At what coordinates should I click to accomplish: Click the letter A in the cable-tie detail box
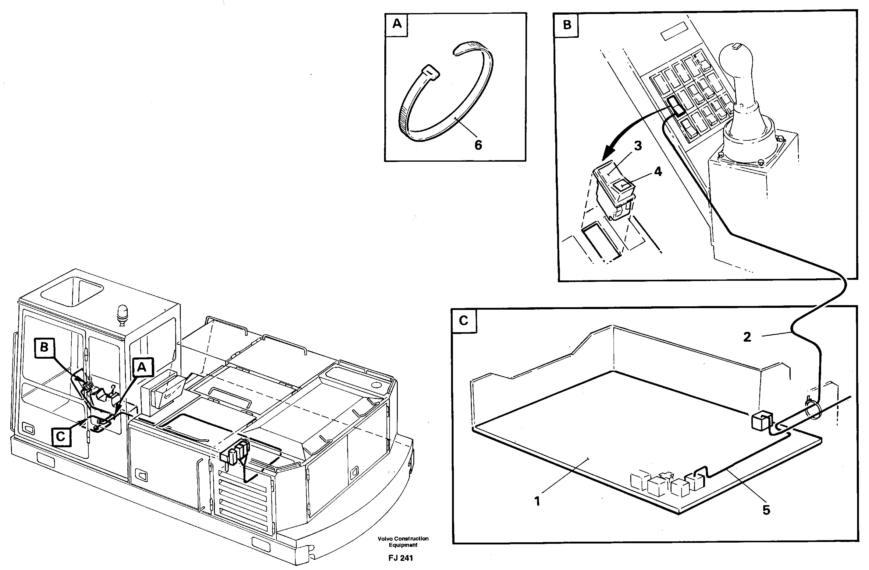(x=397, y=24)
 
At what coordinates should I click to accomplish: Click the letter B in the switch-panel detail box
(x=567, y=25)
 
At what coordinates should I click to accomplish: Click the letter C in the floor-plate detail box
(x=464, y=321)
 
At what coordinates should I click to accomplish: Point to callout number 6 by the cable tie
(x=478, y=145)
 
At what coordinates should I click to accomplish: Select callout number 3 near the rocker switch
(x=638, y=146)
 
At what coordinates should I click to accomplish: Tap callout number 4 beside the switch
(x=657, y=171)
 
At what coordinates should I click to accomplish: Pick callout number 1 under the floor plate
(x=537, y=502)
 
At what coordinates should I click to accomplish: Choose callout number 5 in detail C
(x=766, y=510)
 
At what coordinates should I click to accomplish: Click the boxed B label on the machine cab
(x=44, y=347)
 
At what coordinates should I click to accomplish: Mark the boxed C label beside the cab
(x=61, y=437)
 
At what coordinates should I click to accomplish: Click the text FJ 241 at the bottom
(x=401, y=558)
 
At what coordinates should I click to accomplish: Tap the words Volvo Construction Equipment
(x=403, y=542)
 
